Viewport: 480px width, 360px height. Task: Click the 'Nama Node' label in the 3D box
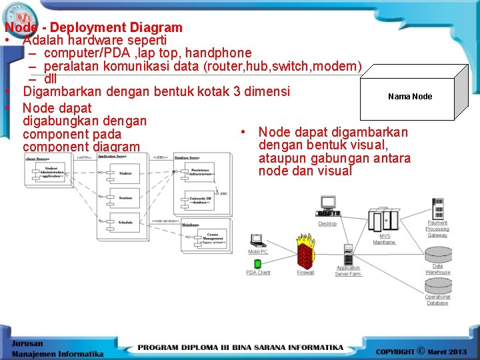(409, 97)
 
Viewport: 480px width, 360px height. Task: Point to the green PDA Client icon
(257, 264)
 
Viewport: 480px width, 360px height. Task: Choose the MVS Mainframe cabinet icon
(383, 220)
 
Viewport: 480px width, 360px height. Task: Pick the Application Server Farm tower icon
(347, 255)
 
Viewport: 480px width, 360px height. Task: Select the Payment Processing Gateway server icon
(437, 209)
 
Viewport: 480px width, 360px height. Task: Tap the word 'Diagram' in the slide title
(156, 28)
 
